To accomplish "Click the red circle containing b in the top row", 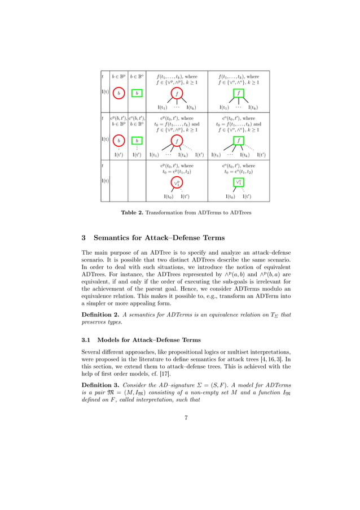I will [x=118, y=93].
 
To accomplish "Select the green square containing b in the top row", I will [x=137, y=93].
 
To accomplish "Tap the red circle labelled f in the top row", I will [x=177, y=93].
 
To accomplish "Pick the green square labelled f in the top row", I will [x=239, y=93].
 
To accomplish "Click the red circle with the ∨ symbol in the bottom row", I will [x=177, y=182].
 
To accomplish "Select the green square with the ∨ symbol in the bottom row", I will [x=239, y=182].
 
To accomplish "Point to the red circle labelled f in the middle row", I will [x=177, y=141].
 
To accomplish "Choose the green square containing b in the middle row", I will [x=137, y=141].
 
